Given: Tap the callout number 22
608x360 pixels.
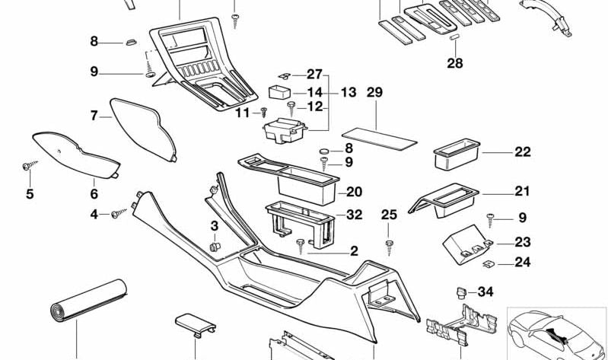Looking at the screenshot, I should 522,151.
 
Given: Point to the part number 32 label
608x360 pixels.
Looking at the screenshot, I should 354,215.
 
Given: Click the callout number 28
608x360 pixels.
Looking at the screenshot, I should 454,63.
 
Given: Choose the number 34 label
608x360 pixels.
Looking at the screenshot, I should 485,292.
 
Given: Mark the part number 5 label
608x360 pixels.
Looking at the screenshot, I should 30,194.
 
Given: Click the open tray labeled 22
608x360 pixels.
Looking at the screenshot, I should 456,156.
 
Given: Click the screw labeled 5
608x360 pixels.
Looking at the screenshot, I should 28,165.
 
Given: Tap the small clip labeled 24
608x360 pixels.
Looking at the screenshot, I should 488,264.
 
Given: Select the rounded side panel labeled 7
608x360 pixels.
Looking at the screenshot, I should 145,127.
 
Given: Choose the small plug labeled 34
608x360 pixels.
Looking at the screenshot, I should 461,291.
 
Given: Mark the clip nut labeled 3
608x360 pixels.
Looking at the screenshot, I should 215,247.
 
